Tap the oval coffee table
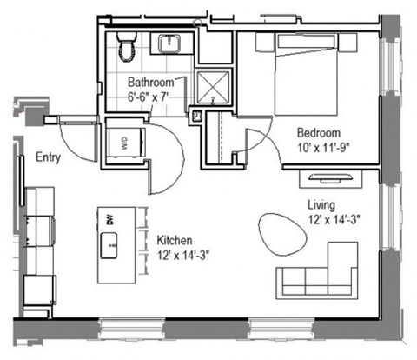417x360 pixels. coord(280,236)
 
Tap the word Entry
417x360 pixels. coord(48,158)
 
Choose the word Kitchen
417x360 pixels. coord(175,240)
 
